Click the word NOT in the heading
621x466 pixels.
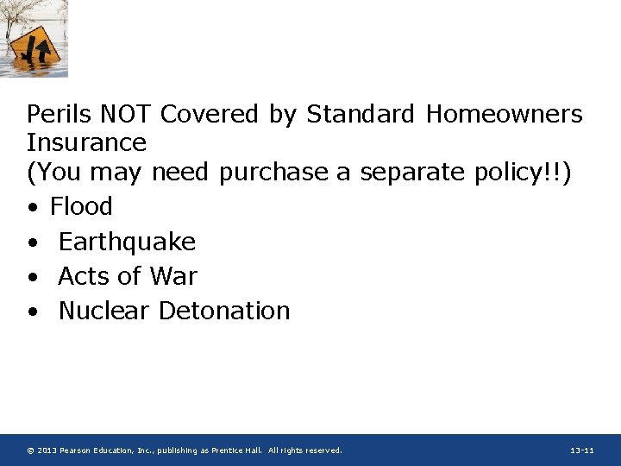pyautogui.click(x=127, y=114)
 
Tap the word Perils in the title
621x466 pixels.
pyautogui.click(x=60, y=114)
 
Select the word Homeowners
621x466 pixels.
pyautogui.click(x=516, y=114)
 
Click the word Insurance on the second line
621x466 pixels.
pyautogui.click(x=86, y=142)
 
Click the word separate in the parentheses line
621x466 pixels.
pyautogui.click(x=413, y=172)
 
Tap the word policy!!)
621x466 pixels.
pyautogui.click(x=524, y=172)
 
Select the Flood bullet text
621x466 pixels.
pyautogui.click(x=81, y=206)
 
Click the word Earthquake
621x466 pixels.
pyautogui.click(x=127, y=242)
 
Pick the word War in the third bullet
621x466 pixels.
pyautogui.click(x=172, y=276)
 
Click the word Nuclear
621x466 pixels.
pyautogui.click(x=103, y=311)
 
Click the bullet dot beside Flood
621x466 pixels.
pyautogui.click(x=32, y=208)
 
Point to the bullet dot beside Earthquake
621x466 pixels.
pyautogui.click(x=32, y=243)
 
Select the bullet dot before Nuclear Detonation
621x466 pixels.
pyautogui.click(x=32, y=312)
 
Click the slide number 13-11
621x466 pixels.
pyautogui.click(x=582, y=450)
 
